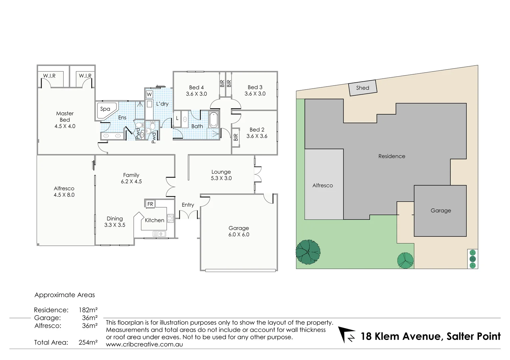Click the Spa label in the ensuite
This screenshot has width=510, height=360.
coord(105,109)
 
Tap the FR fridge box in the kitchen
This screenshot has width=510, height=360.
coord(150,204)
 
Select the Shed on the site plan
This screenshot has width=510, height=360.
coord(363,88)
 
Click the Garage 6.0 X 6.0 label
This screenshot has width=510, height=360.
coord(238,231)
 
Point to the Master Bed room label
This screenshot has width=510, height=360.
coord(65,120)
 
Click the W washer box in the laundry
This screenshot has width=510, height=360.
coord(149,94)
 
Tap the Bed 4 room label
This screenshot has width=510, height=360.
coord(196,91)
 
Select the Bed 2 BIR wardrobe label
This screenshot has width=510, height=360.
coord(236,137)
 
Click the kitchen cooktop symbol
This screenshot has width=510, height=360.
coord(170,218)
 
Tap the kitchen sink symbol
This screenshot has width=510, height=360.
coord(159,234)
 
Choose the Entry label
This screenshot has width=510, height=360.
coord(188,205)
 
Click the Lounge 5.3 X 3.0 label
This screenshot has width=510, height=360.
coord(221,175)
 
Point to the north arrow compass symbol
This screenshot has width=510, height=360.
coord(347,335)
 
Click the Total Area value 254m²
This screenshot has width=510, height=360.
coord(88,342)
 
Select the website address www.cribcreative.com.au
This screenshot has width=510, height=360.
coord(144,344)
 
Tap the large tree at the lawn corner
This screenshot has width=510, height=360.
coord(308,252)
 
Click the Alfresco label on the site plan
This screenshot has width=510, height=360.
coord(323,185)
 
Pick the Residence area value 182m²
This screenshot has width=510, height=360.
coord(88,310)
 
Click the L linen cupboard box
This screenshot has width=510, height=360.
coord(177,118)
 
